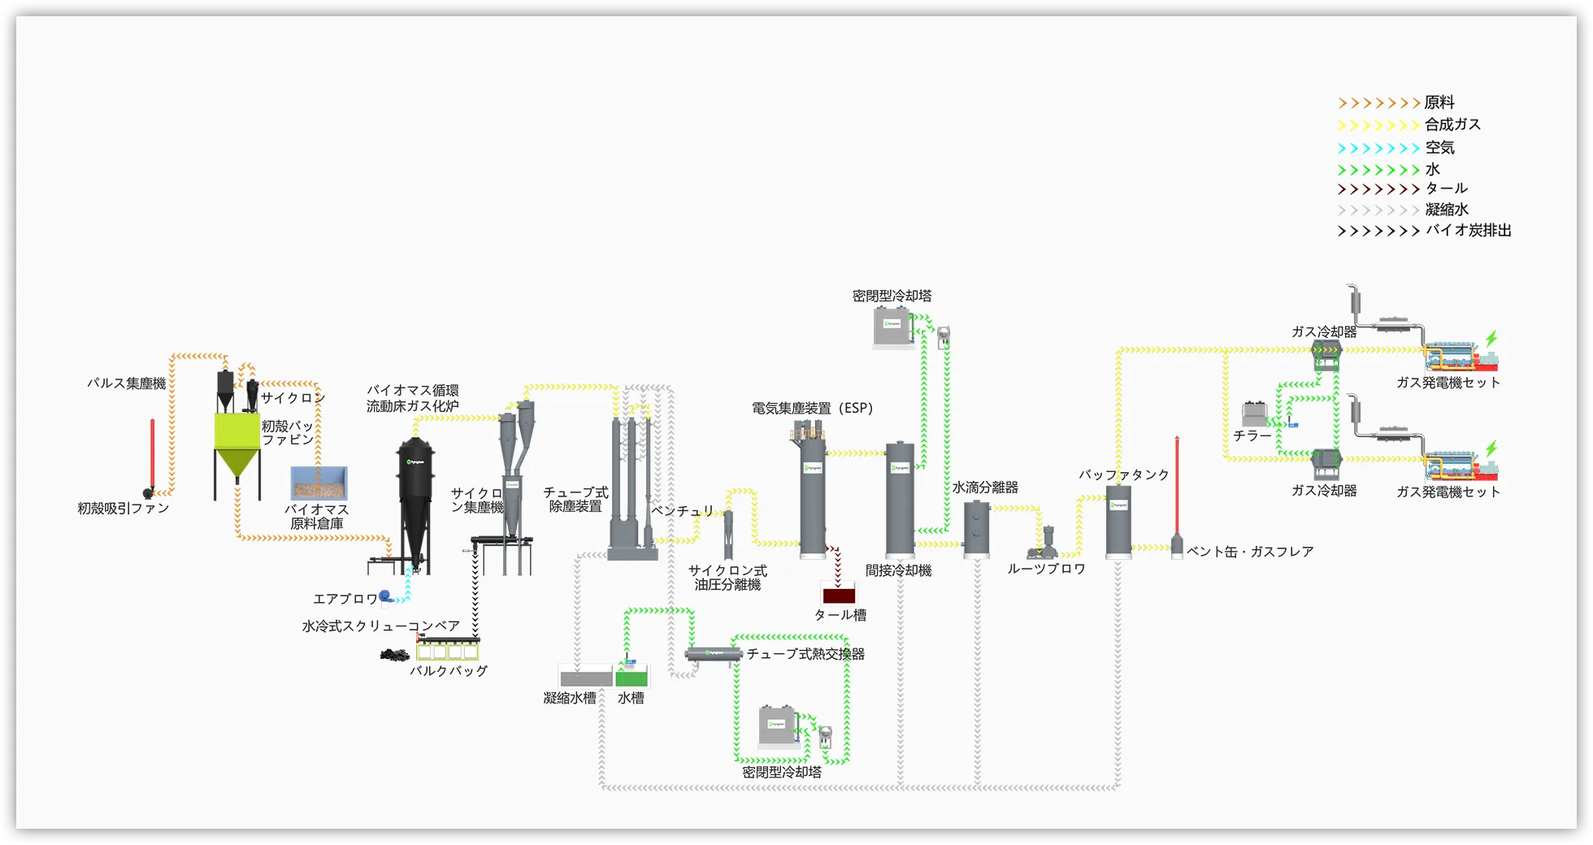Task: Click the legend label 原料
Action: tap(1439, 102)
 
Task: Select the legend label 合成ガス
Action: tap(1452, 124)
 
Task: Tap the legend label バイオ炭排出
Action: tap(1469, 231)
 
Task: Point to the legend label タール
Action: tap(1446, 188)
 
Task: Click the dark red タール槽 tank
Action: tap(839, 594)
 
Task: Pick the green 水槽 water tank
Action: tap(632, 677)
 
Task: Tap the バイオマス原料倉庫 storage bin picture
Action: tap(319, 483)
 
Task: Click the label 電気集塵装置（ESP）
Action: tap(812, 408)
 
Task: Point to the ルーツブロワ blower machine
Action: tap(1046, 543)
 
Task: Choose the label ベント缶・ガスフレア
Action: tap(1250, 552)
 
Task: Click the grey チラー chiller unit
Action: tap(1254, 414)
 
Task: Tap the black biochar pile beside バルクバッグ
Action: tap(397, 654)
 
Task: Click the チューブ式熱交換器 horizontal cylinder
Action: tap(713, 654)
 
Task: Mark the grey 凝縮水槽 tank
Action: tap(585, 677)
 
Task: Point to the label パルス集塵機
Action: tap(127, 383)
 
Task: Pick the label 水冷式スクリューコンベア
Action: tap(381, 626)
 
